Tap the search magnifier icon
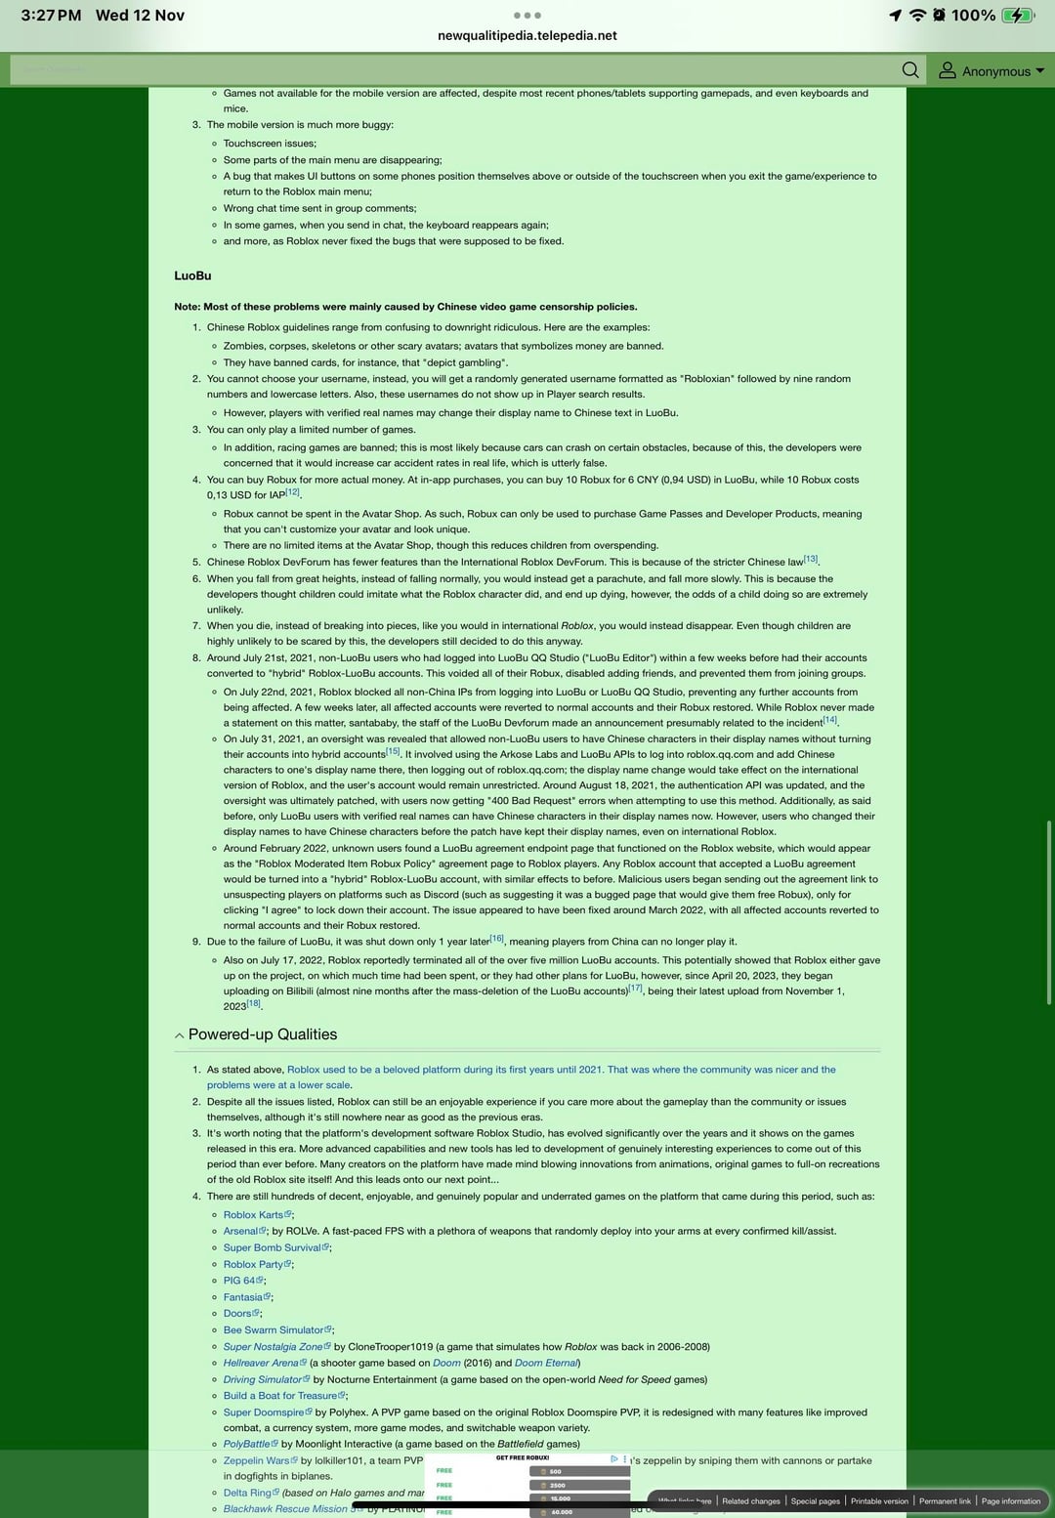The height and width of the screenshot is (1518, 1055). (910, 70)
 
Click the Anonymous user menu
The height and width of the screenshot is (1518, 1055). (991, 71)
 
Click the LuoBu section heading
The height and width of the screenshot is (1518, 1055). (192, 275)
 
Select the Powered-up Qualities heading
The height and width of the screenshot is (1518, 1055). (262, 1034)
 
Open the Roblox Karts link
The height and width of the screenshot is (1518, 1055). (253, 1215)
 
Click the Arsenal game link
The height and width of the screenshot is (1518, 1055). (240, 1231)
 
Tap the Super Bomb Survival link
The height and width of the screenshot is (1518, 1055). (272, 1247)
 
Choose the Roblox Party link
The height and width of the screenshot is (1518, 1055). (253, 1264)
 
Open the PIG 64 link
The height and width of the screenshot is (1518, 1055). (239, 1281)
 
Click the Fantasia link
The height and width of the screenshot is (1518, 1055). (243, 1297)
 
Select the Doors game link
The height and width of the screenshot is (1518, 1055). (237, 1314)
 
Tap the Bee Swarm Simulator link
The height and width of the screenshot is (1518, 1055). (274, 1330)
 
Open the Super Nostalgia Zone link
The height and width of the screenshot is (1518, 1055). (273, 1347)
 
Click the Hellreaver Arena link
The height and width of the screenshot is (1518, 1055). (261, 1363)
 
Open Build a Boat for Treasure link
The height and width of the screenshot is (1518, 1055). (280, 1396)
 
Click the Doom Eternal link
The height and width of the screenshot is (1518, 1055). (546, 1363)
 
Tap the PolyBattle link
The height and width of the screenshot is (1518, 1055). (246, 1444)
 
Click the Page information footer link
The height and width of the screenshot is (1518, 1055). (1010, 1501)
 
